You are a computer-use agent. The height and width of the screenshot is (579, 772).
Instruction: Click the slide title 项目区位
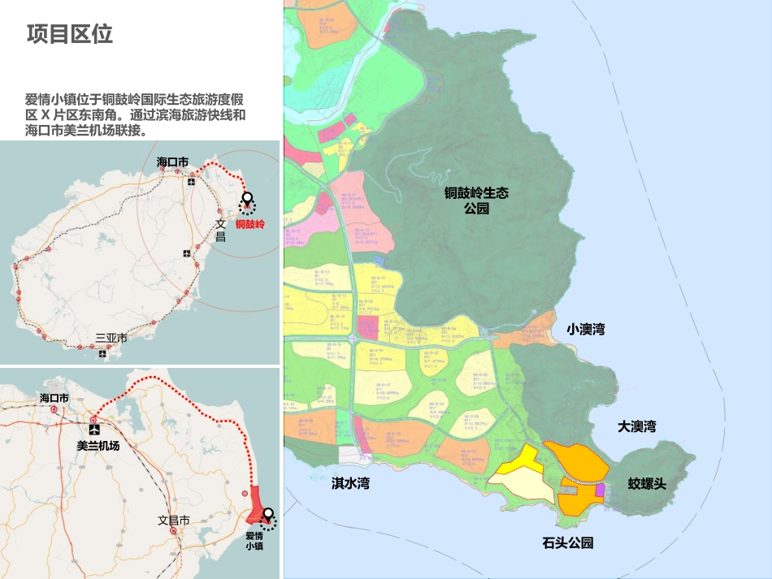click(x=69, y=34)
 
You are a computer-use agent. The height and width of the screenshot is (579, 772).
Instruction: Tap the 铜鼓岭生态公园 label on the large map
click(x=476, y=201)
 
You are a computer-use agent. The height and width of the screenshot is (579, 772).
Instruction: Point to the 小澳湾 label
click(x=586, y=330)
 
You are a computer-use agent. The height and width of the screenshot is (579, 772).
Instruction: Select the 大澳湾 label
click(x=636, y=427)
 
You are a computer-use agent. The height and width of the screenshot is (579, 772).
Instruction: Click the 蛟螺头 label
click(x=647, y=484)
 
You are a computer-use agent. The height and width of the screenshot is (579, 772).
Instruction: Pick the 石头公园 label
click(x=568, y=542)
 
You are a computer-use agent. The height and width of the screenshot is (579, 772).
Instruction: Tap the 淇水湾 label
click(x=350, y=483)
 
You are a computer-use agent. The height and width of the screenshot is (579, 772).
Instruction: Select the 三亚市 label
click(x=111, y=338)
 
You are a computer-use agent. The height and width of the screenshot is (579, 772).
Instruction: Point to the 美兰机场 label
click(x=98, y=446)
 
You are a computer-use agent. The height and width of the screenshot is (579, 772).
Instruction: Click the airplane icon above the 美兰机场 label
click(x=95, y=429)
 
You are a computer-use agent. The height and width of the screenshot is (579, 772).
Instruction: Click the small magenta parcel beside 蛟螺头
click(x=601, y=490)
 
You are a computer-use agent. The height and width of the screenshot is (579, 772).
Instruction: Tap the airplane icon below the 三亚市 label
click(x=103, y=353)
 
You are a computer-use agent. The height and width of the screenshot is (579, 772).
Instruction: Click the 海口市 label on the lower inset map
click(x=54, y=399)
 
